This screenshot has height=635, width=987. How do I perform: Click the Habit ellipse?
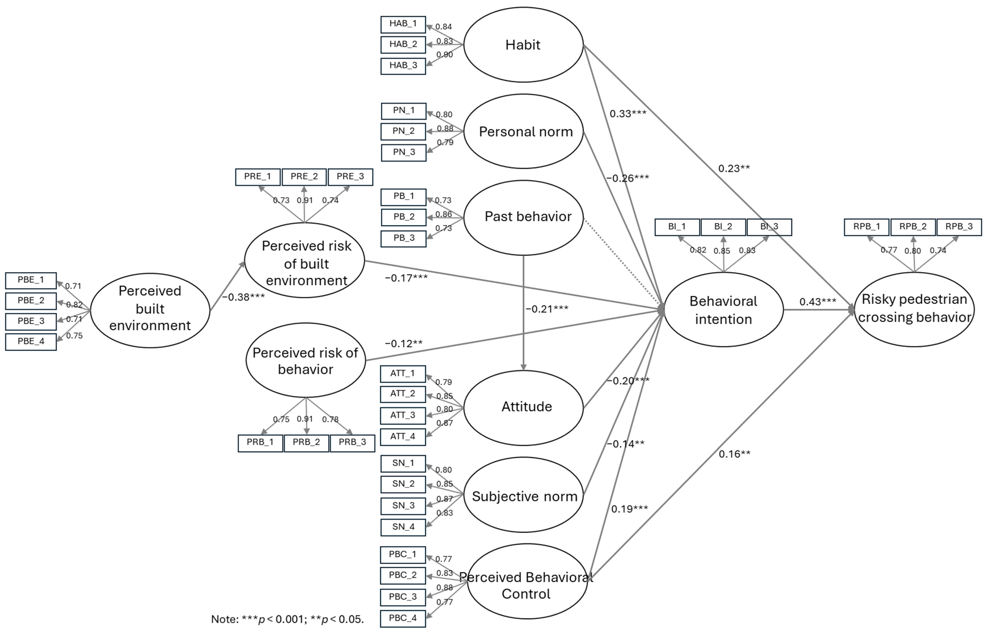523,45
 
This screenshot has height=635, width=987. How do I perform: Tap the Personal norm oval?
523,131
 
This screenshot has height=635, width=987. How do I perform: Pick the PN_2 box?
404,131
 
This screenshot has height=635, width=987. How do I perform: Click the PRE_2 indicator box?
304,177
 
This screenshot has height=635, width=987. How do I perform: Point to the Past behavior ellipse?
523,217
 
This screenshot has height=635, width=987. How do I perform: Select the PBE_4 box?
31,342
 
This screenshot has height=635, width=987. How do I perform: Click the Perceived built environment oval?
150,310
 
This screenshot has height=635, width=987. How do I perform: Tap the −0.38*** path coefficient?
243,297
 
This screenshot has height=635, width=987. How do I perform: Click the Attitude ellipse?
523,408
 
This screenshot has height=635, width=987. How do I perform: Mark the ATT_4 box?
403,437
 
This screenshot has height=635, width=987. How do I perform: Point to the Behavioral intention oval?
724,310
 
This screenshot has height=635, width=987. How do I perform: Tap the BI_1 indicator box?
677,227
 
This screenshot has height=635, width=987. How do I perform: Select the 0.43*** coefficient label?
818,302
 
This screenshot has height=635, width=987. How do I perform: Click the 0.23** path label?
734,168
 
